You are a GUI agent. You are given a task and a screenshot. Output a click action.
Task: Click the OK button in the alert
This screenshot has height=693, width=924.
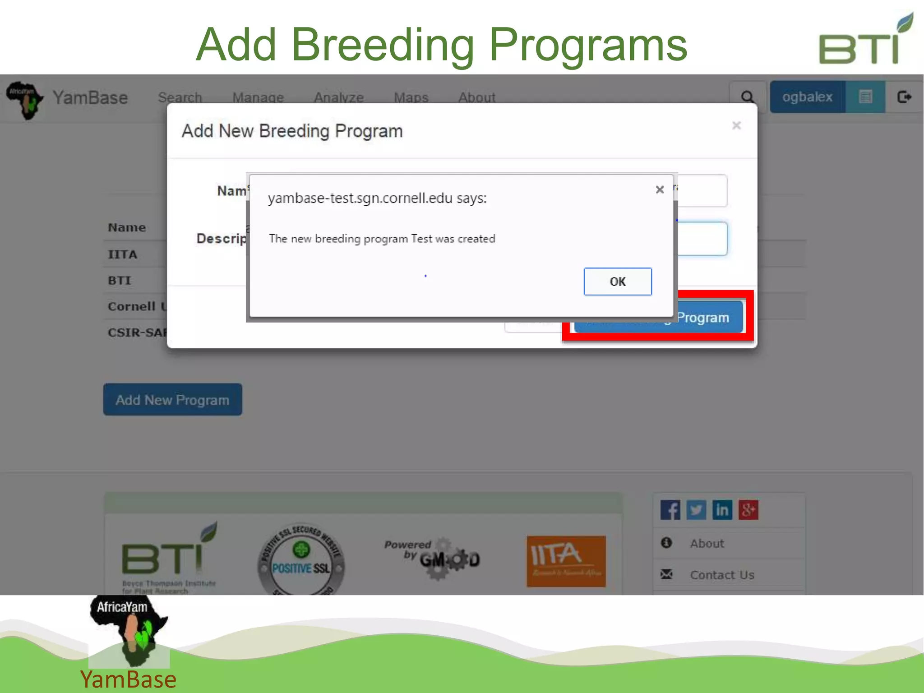[x=617, y=282]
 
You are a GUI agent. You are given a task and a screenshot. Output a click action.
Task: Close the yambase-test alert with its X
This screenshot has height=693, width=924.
[x=659, y=189]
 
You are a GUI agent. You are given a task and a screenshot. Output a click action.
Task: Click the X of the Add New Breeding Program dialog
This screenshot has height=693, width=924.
[x=736, y=125]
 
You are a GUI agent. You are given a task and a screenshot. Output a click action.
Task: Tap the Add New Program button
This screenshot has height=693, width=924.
[x=172, y=400]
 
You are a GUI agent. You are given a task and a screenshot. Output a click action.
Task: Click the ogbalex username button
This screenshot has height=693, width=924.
[x=807, y=97]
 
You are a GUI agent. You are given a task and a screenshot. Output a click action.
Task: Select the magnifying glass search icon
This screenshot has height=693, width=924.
[x=747, y=97]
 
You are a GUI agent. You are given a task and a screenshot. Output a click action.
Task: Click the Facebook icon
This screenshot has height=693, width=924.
[x=670, y=510]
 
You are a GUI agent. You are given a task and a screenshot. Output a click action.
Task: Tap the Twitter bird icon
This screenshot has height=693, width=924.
[x=696, y=510]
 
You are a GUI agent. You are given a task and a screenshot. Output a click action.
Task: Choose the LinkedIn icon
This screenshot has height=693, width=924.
[x=722, y=510]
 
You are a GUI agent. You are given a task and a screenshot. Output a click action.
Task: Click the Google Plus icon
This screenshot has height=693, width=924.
[x=748, y=510]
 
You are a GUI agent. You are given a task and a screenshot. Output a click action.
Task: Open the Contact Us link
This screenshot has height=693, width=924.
[x=721, y=575]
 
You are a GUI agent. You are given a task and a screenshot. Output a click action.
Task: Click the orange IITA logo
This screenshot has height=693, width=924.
[x=566, y=561]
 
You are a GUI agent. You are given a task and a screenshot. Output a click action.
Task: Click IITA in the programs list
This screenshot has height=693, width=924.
[x=122, y=254]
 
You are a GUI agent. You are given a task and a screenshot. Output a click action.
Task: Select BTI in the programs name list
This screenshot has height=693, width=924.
[x=120, y=281]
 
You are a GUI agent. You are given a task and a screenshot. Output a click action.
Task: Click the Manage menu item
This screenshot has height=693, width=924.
[x=258, y=97]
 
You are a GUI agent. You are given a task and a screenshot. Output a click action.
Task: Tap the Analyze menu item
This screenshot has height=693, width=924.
[x=339, y=97]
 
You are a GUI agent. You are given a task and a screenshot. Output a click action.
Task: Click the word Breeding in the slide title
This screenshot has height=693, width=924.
[x=383, y=45]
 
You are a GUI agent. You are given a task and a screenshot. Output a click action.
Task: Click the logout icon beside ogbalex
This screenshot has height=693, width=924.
[x=904, y=97]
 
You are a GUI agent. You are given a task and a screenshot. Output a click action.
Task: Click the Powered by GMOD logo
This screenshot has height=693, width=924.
[x=432, y=558]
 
